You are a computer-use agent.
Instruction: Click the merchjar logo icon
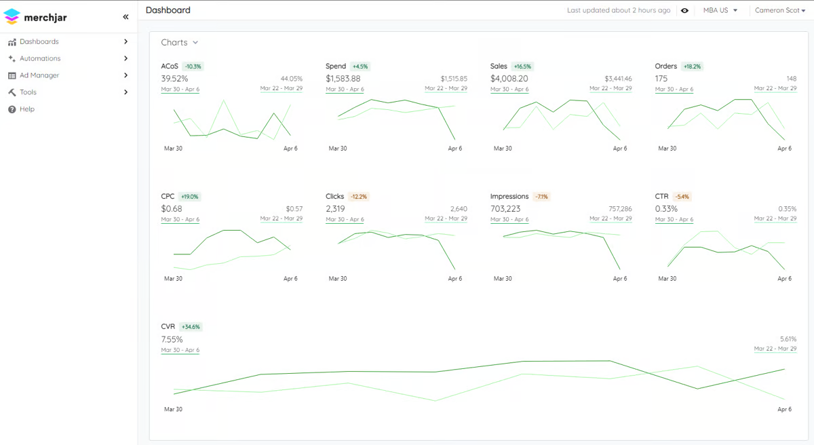12,17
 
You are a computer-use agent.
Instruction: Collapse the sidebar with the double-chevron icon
125,17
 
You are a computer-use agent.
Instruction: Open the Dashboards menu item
39,41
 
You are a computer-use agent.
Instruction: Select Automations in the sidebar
40,58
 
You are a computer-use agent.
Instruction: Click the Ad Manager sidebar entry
39,75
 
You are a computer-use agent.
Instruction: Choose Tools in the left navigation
28,92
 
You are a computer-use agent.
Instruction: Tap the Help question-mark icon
12,109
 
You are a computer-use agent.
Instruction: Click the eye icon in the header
684,11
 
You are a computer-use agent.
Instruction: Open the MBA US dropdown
720,10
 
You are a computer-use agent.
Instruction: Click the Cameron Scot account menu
780,10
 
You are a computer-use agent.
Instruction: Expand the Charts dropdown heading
180,43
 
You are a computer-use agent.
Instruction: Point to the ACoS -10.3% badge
193,66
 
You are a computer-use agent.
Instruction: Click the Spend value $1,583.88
343,79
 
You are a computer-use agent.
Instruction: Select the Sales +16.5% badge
522,66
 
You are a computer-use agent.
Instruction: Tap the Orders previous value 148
792,79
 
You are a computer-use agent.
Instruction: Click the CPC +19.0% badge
190,197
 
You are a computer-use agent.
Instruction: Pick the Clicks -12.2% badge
359,197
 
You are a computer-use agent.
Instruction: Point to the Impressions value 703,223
505,209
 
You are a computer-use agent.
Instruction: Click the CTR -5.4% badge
682,197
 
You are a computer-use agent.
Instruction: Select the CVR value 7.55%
172,339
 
